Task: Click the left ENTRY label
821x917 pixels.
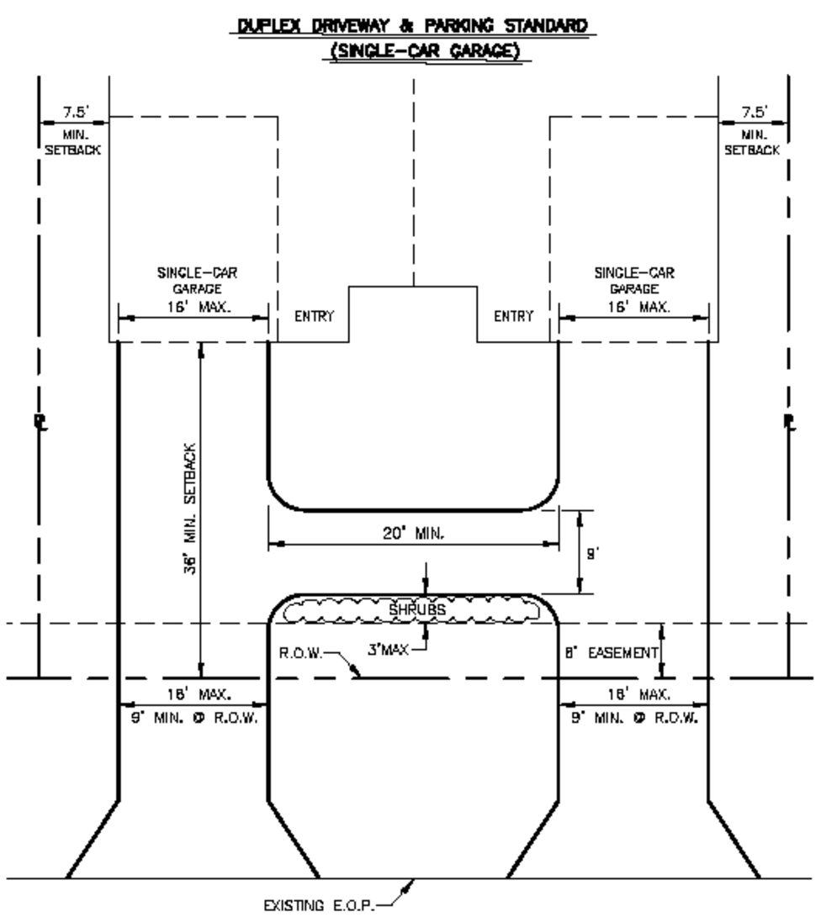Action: (x=314, y=317)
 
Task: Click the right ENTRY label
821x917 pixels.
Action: (x=514, y=317)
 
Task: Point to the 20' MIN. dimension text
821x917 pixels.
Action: (x=412, y=533)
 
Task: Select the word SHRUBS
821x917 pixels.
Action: (x=412, y=609)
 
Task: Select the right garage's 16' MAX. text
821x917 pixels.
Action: (x=634, y=307)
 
